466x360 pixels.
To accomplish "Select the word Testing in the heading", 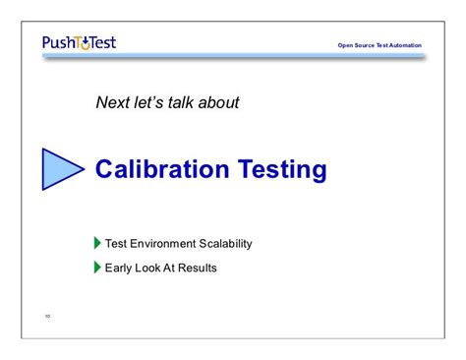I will point(279,170).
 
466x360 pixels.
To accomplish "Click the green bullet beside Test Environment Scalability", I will point(97,243).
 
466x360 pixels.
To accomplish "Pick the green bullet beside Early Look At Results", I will point(97,267).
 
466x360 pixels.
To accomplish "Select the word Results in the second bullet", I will point(198,267).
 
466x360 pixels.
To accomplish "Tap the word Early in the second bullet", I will point(120,267).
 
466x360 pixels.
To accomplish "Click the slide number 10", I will point(46,316).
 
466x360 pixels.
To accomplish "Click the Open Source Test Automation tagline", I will point(379,45).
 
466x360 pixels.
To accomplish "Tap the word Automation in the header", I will point(403,45).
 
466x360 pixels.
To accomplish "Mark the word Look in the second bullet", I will point(151,267).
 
